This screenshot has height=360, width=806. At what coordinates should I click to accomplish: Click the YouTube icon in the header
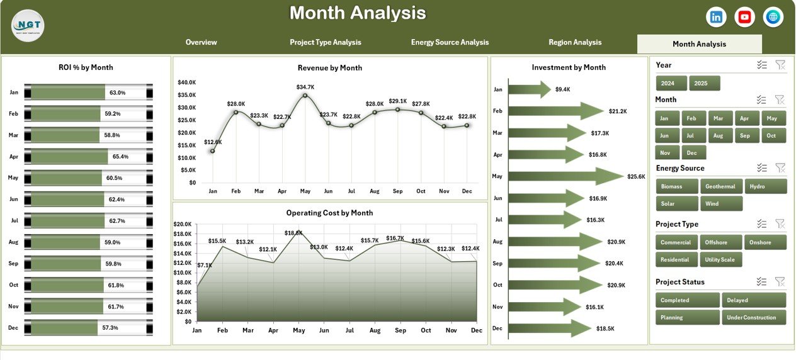pos(745,17)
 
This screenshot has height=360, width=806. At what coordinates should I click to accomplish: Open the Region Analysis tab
pos(575,43)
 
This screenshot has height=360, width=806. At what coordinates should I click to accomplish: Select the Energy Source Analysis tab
pos(450,43)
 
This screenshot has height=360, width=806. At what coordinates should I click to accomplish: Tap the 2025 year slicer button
pos(704,83)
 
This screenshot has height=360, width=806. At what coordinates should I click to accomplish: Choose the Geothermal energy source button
pos(720,186)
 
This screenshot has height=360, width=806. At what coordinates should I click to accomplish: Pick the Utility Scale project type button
pos(720,259)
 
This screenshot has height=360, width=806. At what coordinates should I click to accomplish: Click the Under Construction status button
pos(754,317)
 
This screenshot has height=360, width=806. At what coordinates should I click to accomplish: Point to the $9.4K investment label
pos(562,89)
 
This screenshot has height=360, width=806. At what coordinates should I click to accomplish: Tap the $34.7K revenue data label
pos(305,87)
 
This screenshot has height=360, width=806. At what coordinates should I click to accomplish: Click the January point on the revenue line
pos(212,151)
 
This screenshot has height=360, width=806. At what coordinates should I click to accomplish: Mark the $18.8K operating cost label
pos(293,232)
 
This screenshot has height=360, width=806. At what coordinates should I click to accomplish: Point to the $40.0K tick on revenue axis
pos(187,82)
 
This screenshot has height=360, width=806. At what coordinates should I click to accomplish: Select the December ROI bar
pos(64,328)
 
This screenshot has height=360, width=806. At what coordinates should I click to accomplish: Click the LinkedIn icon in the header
pos(716,17)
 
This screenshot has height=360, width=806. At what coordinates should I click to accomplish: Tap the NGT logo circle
pos(28,26)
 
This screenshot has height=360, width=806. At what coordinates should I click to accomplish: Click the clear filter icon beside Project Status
pos(780,282)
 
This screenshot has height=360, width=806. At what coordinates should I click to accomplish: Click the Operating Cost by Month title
pos(329,213)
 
